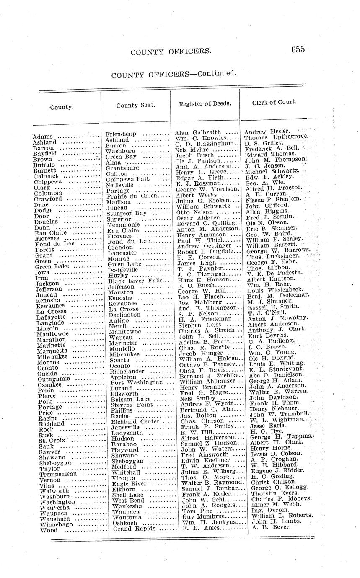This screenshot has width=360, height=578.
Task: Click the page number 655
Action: (298, 49)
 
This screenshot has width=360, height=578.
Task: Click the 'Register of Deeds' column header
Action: (205, 103)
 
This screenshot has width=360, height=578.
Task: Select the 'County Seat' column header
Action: (136, 105)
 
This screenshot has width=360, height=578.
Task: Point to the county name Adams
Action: (42, 137)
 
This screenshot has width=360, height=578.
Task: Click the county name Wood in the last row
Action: (49, 530)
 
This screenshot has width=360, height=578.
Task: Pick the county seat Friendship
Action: (121, 134)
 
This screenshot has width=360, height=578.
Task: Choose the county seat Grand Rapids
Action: (134, 529)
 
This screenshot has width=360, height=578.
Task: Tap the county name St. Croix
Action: (52, 440)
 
